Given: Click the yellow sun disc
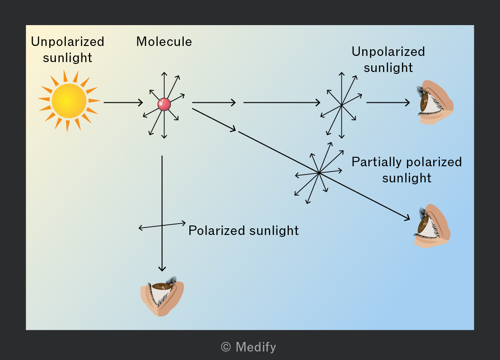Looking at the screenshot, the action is pos(69,101).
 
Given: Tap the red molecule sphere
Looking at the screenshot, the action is pos(164,104).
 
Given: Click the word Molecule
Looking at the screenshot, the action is pos(164,42).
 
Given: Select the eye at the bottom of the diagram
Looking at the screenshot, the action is pos(162,297).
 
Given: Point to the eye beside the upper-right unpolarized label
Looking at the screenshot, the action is pos(435,102).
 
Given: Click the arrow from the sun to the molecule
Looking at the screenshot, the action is pos(123,102).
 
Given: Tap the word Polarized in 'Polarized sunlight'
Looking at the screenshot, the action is pos(217,230).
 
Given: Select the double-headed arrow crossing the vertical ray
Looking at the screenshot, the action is pos(162,225).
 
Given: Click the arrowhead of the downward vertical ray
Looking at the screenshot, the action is pos(162,269).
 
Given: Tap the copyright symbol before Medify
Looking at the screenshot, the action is pos(226,347).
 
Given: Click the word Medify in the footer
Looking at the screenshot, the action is pos(256,347).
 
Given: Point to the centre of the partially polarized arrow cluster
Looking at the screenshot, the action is pos(319,173).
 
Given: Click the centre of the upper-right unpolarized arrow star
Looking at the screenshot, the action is pos(341,105).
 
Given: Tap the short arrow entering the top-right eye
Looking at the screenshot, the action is pos(388,102).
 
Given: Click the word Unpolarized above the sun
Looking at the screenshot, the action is pos(68,42).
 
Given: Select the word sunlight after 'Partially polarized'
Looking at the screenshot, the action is pos(407,178).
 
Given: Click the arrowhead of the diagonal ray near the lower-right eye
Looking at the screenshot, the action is pos(407,218).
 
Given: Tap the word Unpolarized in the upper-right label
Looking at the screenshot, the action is pos(388,52).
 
